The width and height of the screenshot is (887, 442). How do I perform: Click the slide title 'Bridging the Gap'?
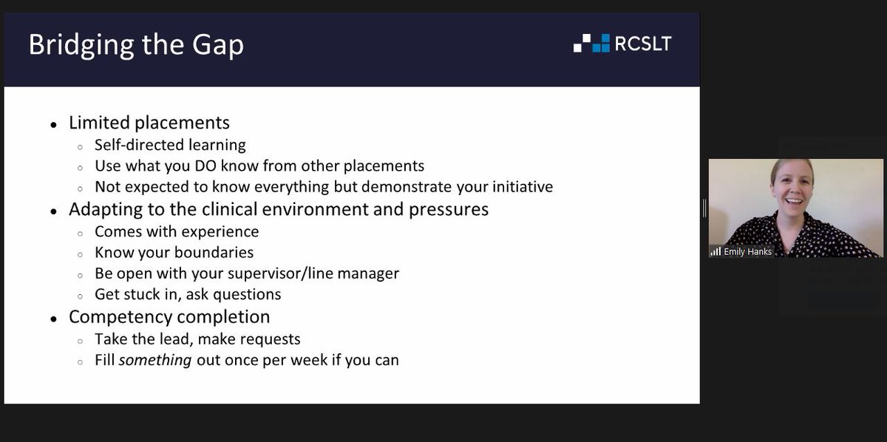coord(136,46)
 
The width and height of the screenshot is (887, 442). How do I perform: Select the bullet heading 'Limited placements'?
coord(149,123)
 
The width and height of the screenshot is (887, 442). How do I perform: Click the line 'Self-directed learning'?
coord(170,145)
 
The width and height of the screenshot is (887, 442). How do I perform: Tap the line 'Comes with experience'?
coord(177,231)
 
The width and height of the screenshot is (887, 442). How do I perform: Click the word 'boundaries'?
coord(214,253)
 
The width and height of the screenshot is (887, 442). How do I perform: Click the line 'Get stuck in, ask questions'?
coord(188,294)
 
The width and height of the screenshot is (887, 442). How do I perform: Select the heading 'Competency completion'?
coord(169,317)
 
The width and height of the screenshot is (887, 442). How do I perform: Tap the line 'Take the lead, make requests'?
coord(197,339)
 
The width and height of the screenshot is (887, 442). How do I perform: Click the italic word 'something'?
coord(155,361)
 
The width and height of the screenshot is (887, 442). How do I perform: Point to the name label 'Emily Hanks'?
coord(749,251)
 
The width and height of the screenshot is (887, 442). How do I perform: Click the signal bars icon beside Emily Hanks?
coord(716,251)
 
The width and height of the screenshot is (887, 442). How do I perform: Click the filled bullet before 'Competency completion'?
coord(54,319)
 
